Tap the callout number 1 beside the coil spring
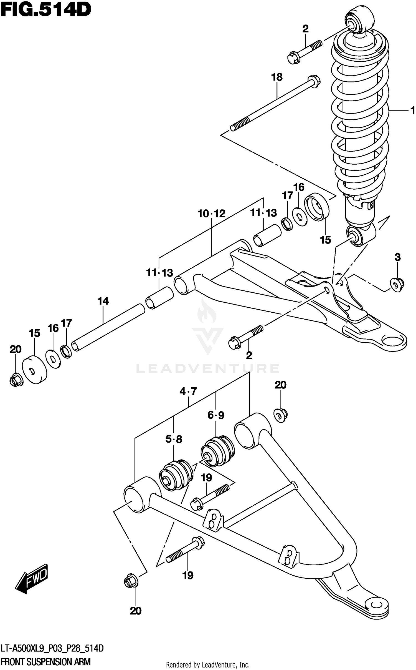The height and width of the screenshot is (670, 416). pyautogui.click(x=412, y=111)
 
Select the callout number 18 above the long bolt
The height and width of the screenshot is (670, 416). pyautogui.click(x=277, y=77)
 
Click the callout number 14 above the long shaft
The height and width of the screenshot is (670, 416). pyautogui.click(x=103, y=301)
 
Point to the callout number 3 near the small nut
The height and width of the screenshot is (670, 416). pyautogui.click(x=397, y=257)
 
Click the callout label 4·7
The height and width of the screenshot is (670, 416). pyautogui.click(x=188, y=392)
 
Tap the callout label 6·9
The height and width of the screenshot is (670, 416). pyautogui.click(x=216, y=415)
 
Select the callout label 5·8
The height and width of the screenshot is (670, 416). pyautogui.click(x=174, y=439)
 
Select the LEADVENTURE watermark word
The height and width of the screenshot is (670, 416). pyautogui.click(x=208, y=368)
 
